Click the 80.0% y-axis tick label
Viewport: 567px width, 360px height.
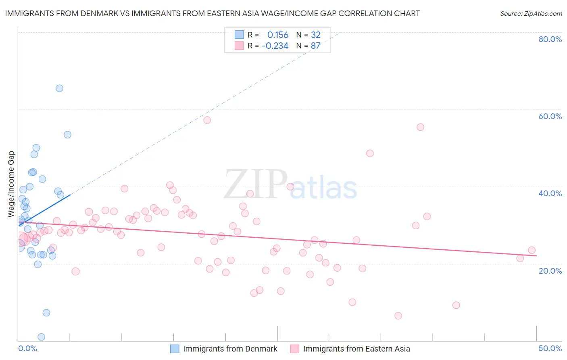[x=550, y=39]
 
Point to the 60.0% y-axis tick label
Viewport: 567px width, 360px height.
[x=550, y=116]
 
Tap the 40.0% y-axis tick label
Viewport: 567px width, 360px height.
[x=550, y=193]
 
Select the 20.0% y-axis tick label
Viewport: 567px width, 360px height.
[x=550, y=270]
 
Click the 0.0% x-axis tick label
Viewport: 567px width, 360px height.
[x=27, y=348]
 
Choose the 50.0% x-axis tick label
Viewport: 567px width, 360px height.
[x=550, y=348]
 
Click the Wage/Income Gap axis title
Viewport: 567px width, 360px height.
[x=11, y=184]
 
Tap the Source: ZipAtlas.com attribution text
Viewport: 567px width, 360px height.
[x=531, y=14]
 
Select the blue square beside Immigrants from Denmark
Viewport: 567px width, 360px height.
[x=175, y=349]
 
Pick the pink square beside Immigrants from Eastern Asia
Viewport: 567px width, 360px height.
[x=295, y=349]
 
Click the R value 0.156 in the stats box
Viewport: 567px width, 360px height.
[x=277, y=35]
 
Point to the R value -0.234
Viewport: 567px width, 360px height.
[x=275, y=46]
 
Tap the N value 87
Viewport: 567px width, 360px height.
[x=315, y=46]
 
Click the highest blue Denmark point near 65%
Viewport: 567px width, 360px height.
[x=59, y=88]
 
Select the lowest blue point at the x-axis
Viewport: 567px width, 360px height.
[x=41, y=337]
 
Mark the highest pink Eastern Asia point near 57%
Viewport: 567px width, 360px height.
[x=207, y=120]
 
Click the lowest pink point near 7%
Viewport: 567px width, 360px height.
[x=398, y=316]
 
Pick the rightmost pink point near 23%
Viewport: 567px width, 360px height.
[x=532, y=250]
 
